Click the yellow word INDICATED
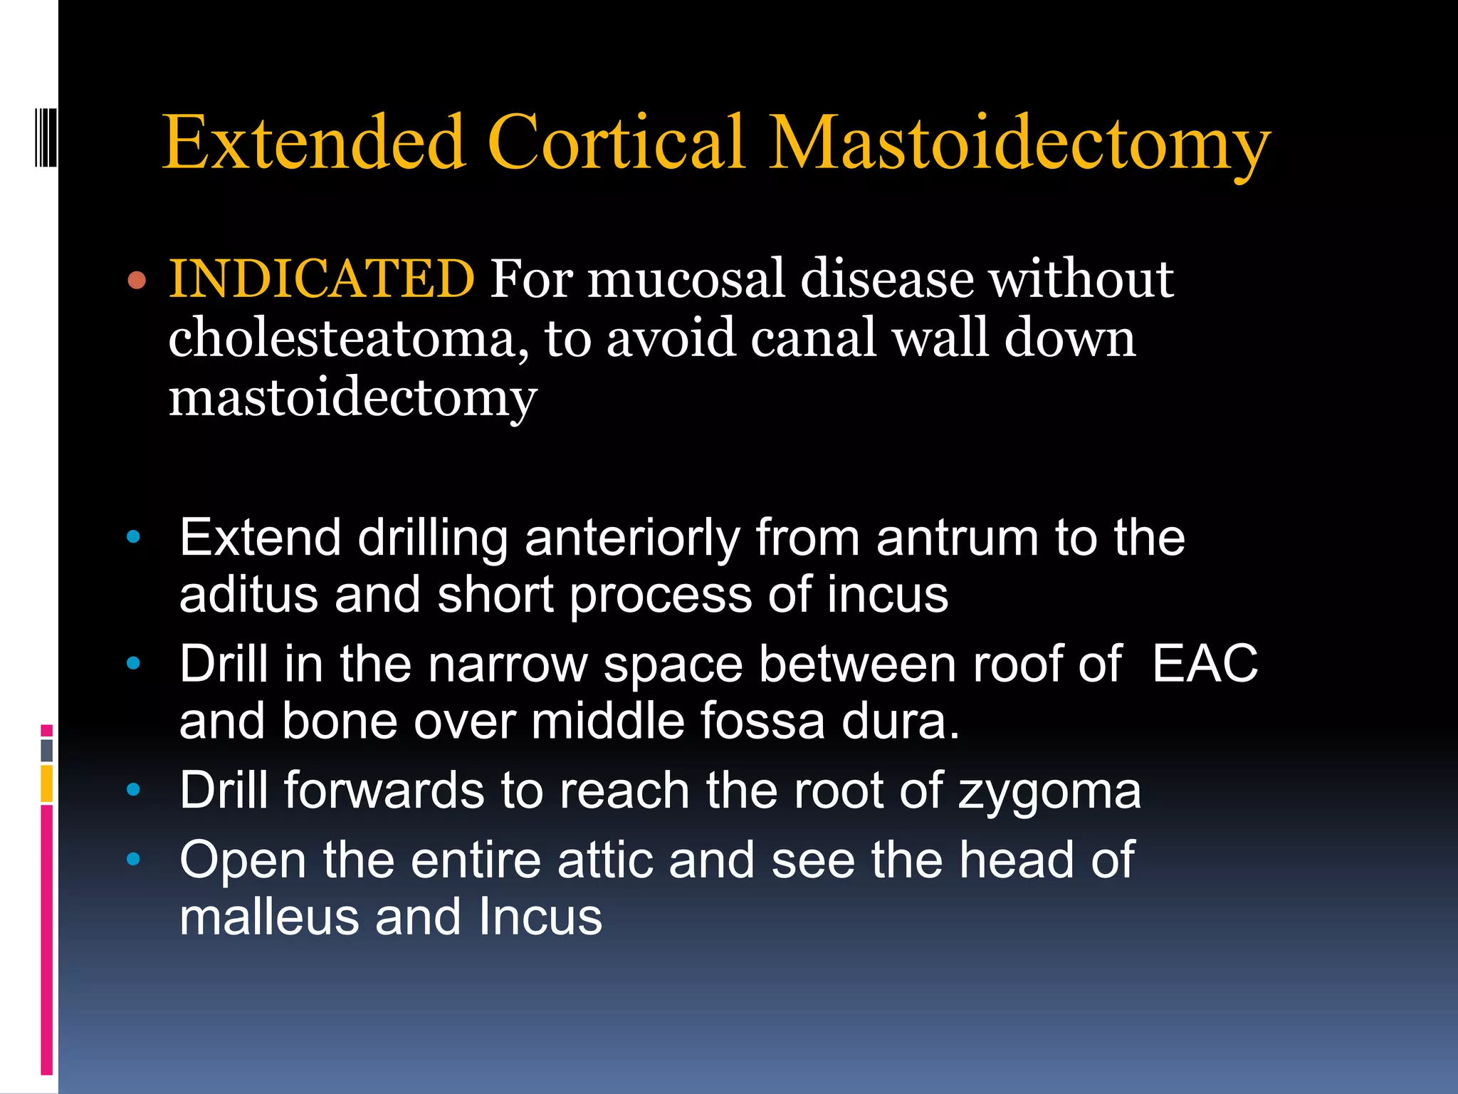pyautogui.click(x=322, y=278)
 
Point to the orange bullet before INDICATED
pyautogui.click(x=137, y=280)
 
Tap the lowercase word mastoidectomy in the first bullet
pyautogui.click(x=352, y=399)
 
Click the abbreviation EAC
pyautogui.click(x=1205, y=664)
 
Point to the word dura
pyautogui.click(x=900, y=721)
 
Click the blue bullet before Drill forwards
pyautogui.click(x=133, y=789)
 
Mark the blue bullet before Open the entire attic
pyautogui.click(x=133, y=859)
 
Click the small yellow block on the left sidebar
pyautogui.click(x=47, y=783)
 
